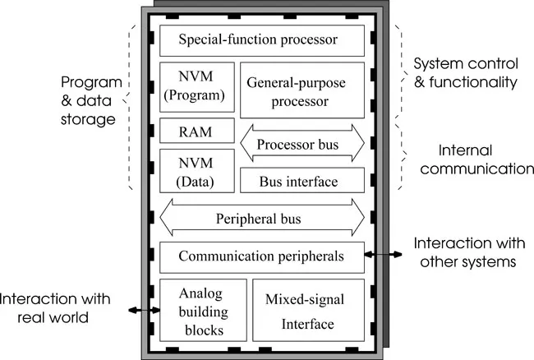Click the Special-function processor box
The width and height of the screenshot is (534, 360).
click(x=261, y=39)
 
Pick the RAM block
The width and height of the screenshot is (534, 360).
click(x=197, y=132)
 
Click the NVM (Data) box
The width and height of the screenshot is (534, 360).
click(x=197, y=170)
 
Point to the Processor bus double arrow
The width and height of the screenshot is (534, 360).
click(x=302, y=142)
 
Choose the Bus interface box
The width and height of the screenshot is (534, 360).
click(x=302, y=180)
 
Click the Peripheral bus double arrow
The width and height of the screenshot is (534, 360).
click(x=261, y=219)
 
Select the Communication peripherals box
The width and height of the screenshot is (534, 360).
click(x=261, y=257)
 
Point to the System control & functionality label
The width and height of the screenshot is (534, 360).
click(x=464, y=72)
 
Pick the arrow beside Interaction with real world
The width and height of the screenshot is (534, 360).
click(x=145, y=310)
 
